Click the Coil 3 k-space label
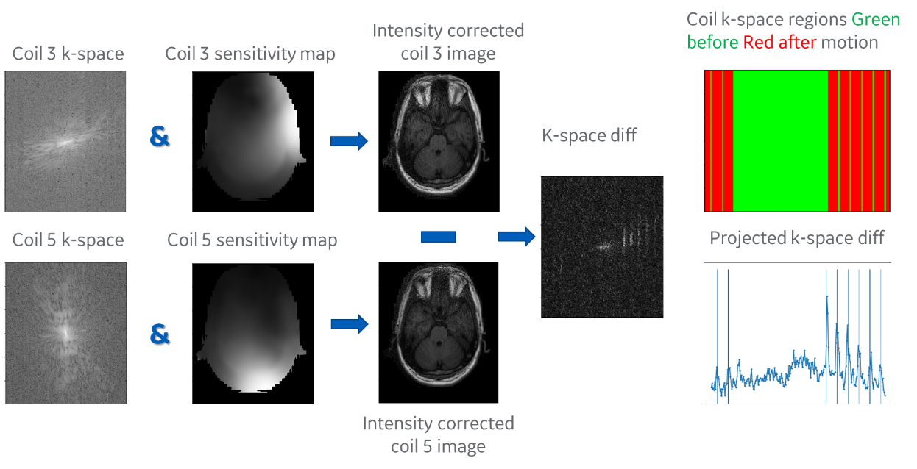[68, 54]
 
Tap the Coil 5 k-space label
[68, 240]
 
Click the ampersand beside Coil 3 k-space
[159, 137]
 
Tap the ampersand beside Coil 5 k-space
[159, 334]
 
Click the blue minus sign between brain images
[439, 237]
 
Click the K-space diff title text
[589, 135]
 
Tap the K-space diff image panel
[602, 247]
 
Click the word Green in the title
[877, 19]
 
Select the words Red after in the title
[779, 42]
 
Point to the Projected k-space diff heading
[797, 237]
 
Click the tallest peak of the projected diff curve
[828, 296]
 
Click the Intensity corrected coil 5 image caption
[438, 434]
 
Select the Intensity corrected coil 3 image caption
[448, 42]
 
